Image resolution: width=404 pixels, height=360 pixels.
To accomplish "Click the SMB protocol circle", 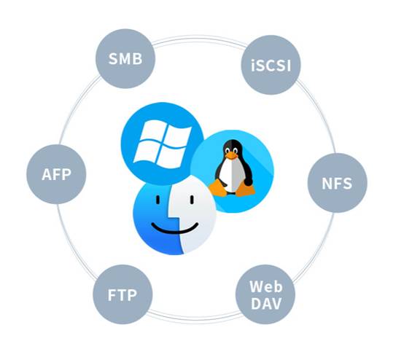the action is tap(125, 59).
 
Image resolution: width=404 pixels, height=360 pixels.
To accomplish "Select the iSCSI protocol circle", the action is tap(271, 65).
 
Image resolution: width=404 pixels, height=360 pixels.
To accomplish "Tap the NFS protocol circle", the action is tap(337, 183).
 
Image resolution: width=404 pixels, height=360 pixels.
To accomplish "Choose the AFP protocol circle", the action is tap(56, 174).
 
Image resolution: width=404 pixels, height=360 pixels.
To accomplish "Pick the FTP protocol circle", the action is tap(123, 294).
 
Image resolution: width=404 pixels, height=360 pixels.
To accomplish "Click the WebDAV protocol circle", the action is tap(265, 294).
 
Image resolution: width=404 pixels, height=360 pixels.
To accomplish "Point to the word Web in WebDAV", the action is tap(266, 286).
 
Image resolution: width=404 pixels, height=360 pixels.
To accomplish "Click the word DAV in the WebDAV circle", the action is tap(266, 304).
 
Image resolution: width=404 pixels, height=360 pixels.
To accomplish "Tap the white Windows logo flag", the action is tap(163, 144).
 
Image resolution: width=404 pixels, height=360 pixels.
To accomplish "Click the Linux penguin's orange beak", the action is tap(231, 155).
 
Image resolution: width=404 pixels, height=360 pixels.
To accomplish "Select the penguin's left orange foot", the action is tap(218, 189).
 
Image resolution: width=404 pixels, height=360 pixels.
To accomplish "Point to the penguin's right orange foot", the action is tap(246, 188).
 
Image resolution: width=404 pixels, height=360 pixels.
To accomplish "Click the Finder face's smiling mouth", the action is tap(175, 228).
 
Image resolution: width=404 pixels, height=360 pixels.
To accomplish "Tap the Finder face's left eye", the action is tap(158, 200).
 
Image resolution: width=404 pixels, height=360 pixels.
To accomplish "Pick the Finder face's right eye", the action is tap(192, 200).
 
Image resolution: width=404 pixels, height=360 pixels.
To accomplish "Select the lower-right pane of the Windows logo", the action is tap(171, 157).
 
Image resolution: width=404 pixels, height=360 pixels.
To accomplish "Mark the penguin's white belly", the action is tap(228, 175).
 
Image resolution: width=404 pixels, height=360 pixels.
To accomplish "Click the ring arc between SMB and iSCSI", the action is tap(199, 38).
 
